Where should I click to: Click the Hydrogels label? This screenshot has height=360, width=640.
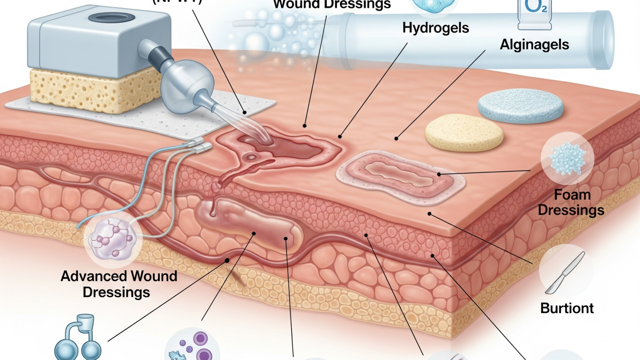[x=436, y=28]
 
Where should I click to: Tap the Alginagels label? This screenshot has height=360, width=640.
[x=534, y=44]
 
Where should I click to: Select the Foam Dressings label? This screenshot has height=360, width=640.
[x=571, y=202]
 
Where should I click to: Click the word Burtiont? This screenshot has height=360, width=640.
[x=567, y=308]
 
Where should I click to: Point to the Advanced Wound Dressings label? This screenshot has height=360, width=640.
[x=118, y=284]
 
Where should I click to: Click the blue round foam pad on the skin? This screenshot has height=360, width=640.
[x=520, y=106]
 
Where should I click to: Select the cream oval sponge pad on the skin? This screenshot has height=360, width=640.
[x=464, y=133]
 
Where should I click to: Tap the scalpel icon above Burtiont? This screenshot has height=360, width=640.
[x=566, y=272]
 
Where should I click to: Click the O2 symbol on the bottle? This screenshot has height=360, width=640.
[x=535, y=6]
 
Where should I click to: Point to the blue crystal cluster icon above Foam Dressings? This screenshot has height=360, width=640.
[x=568, y=159]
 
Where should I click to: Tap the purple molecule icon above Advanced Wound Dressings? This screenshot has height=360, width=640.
[x=113, y=238]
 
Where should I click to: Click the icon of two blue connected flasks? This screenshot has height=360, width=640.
[x=78, y=339]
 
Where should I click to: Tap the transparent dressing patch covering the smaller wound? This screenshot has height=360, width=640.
[x=400, y=176]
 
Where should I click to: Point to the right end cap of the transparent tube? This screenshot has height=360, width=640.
[x=604, y=40]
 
